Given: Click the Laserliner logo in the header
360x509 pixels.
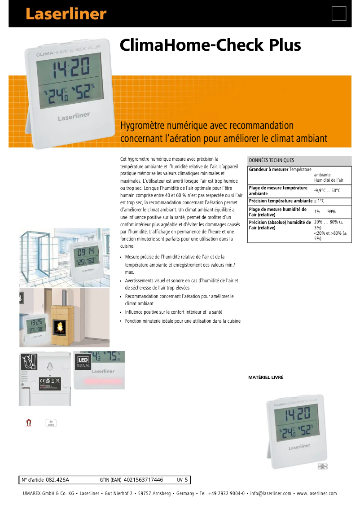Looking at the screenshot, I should tap(66, 14).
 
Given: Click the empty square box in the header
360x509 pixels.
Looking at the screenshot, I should tap(339, 14).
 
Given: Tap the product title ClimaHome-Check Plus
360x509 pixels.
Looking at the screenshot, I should tap(210, 45).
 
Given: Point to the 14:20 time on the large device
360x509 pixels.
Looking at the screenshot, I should tap(69, 69).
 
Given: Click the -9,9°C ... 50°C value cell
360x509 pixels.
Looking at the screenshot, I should tap(327, 191).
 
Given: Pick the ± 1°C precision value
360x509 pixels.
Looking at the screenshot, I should tap(319, 201).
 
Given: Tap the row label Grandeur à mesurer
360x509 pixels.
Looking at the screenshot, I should tap(268, 169).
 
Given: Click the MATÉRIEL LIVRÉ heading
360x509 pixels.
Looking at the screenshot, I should tap(266, 377).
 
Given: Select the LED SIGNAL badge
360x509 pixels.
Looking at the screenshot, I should tap(83, 362).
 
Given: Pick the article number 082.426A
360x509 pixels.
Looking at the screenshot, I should tap(57, 480).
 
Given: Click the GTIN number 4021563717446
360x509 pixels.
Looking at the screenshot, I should tap(143, 480).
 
